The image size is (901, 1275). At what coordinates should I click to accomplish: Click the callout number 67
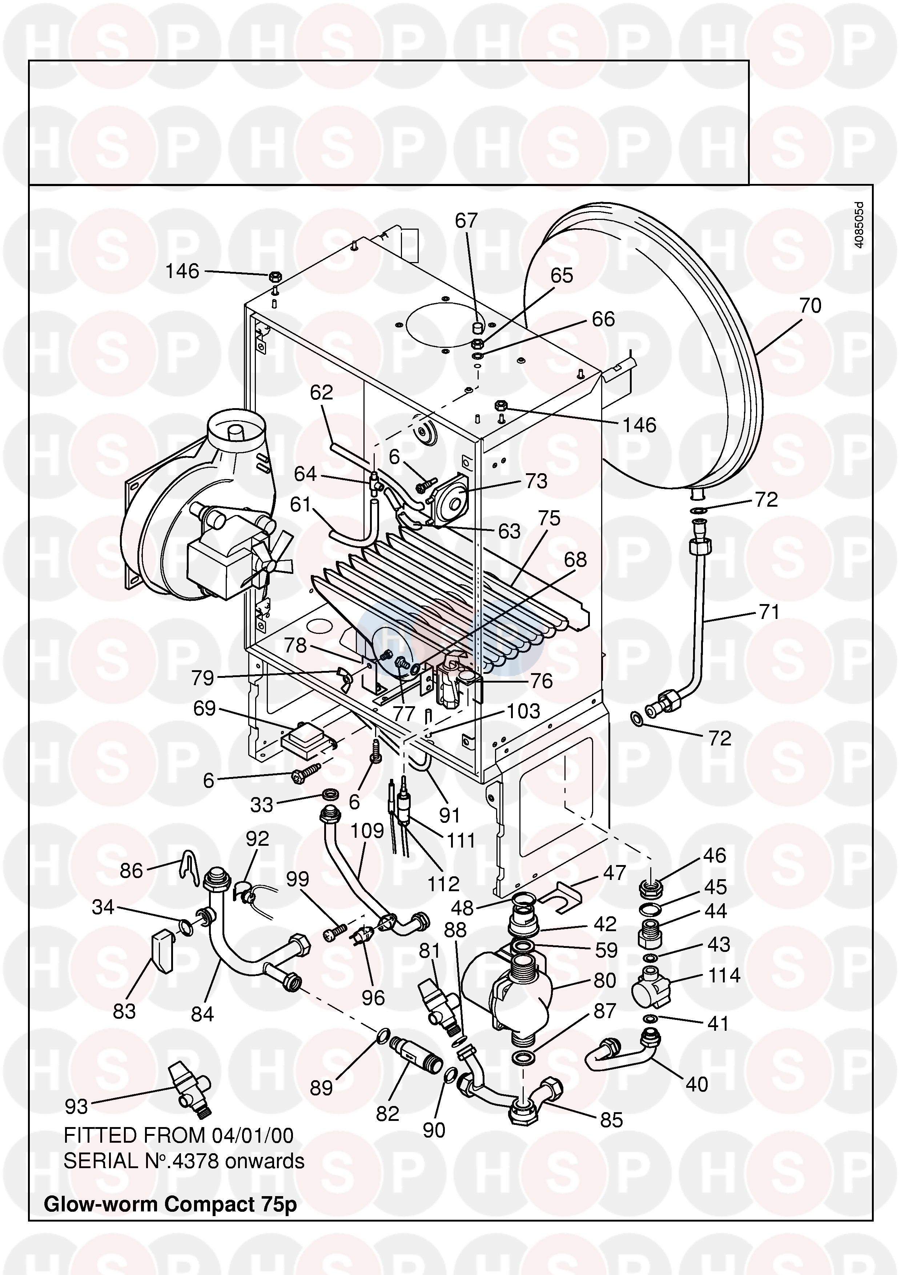(466, 221)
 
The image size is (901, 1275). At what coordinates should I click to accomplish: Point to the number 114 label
(724, 976)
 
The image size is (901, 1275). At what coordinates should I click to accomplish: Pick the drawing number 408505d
(859, 225)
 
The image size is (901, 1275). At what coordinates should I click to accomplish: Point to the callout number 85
(611, 1120)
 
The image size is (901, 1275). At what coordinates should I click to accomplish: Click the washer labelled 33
(331, 796)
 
